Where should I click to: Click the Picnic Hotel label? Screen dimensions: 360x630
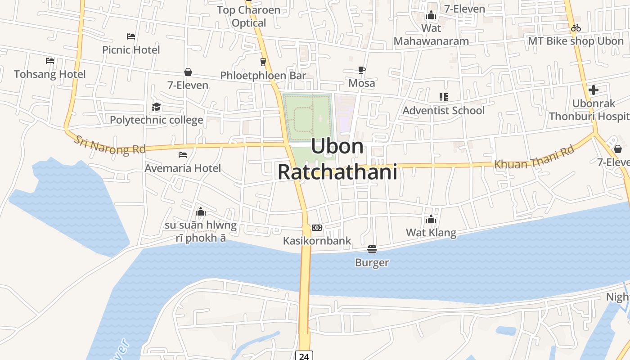[131, 49]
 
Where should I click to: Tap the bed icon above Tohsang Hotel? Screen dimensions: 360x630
[50, 60]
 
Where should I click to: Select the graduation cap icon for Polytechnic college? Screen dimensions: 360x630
[156, 107]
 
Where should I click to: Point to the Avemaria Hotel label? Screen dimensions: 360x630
[183, 168]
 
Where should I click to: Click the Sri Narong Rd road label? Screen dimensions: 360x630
[109, 145]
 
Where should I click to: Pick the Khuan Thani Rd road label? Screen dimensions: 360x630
[535, 157]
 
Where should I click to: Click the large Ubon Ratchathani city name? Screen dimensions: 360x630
[337, 159]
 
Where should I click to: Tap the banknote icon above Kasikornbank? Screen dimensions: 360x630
[317, 228]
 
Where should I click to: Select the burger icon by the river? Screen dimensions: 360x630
[372, 249]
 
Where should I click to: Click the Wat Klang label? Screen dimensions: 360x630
[431, 233]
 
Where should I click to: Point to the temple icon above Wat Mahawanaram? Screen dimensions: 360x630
[431, 15]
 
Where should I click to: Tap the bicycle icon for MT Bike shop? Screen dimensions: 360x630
[576, 28]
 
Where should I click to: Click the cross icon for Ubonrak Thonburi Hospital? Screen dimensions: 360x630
[594, 90]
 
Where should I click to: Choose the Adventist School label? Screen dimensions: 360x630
[443, 110]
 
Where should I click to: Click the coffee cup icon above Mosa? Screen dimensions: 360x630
[361, 70]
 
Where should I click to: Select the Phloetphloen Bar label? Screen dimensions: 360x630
[263, 76]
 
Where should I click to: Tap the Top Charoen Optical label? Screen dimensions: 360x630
[248, 16]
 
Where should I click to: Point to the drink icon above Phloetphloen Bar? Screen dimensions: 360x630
[263, 62]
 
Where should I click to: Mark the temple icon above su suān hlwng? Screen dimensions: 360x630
[201, 211]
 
